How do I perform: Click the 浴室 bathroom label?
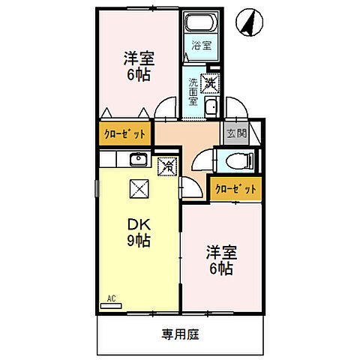tap(201, 45)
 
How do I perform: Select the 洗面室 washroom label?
tap(193, 91)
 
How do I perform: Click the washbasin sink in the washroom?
tap(211, 106)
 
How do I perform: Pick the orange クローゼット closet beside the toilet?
tap(235, 189)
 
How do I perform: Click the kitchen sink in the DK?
tap(137, 160)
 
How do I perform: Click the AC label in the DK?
tap(112, 299)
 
